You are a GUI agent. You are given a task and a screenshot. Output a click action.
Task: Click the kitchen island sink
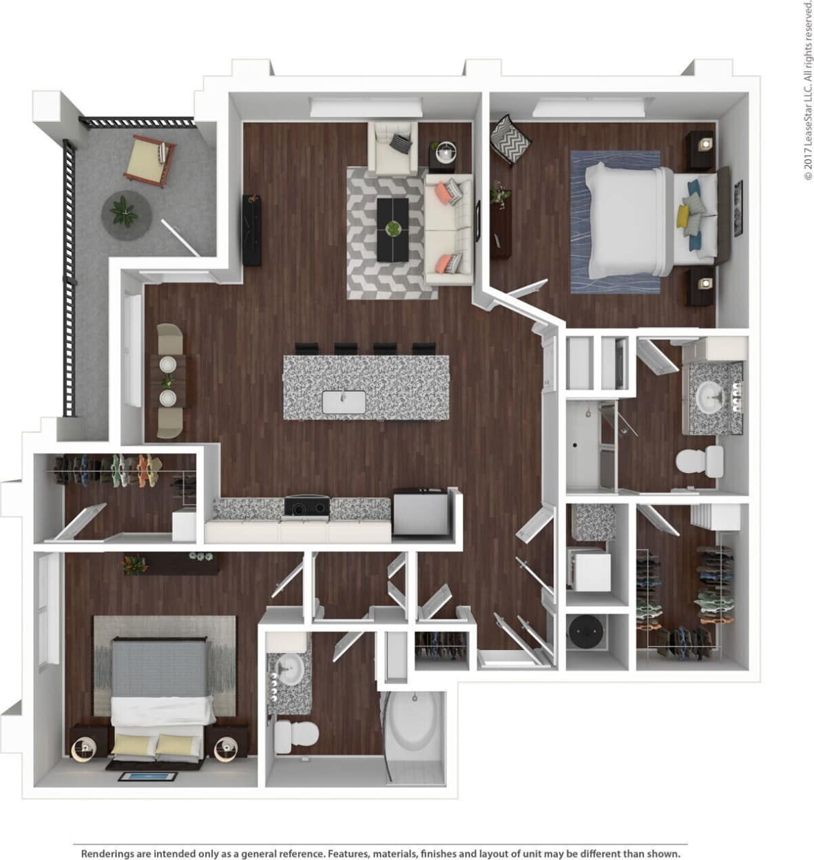344,401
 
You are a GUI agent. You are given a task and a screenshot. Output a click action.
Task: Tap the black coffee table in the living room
393,229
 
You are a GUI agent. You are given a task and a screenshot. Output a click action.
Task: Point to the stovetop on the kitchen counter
306,507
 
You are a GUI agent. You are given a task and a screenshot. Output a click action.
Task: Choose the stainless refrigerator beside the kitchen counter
419,512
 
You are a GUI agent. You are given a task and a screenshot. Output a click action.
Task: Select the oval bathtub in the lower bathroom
413,723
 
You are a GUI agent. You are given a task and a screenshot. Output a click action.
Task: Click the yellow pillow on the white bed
683,218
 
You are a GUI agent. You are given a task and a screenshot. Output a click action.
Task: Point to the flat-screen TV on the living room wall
251,230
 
